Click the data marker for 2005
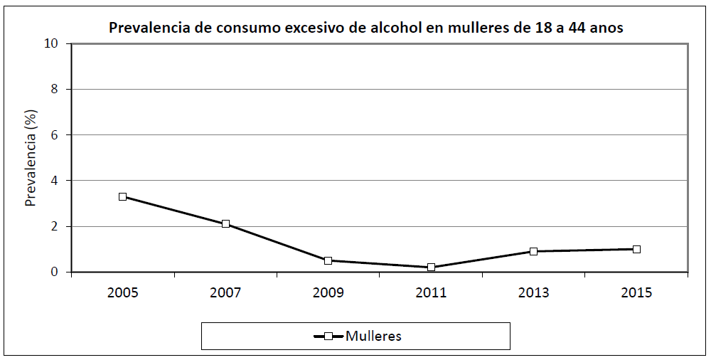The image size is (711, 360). (122, 196)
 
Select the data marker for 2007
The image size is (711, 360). (225, 223)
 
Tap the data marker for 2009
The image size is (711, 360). (328, 260)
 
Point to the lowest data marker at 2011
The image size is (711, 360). (431, 268)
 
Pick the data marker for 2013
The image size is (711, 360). (533, 251)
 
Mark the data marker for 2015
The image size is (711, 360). (636, 249)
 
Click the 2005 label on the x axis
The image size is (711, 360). (122, 293)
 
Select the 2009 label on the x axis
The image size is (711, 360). (328, 293)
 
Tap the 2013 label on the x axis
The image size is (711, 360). (533, 293)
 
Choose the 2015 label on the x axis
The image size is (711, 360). (636, 293)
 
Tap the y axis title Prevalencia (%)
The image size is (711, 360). (31, 158)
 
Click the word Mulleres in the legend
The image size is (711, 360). (373, 337)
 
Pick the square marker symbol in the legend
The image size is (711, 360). (328, 337)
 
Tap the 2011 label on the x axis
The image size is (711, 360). (431, 293)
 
